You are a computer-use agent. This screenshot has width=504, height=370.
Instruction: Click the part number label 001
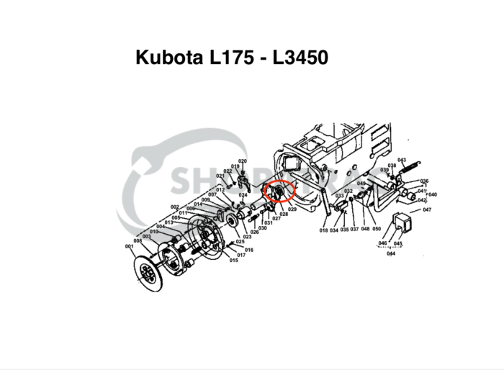point(130,247)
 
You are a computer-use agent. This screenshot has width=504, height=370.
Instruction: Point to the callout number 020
point(243,161)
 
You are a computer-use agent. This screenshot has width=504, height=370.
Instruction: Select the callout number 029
point(292,209)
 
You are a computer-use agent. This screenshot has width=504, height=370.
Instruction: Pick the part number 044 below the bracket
point(391,253)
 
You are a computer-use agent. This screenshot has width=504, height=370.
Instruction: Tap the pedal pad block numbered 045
point(403,224)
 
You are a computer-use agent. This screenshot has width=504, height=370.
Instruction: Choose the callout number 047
point(426,209)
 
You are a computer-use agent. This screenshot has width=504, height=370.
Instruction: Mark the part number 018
point(323,230)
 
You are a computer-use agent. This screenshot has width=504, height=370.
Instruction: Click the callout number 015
point(233,260)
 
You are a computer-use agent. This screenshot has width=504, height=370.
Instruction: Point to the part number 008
point(138,241)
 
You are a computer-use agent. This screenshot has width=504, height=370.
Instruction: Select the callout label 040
point(433,194)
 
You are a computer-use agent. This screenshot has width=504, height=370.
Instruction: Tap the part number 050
point(376,230)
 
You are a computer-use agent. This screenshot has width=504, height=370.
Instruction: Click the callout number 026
point(254,232)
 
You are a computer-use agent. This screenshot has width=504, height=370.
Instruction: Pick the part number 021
point(220,176)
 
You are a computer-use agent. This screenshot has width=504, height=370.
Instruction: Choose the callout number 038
point(392,166)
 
